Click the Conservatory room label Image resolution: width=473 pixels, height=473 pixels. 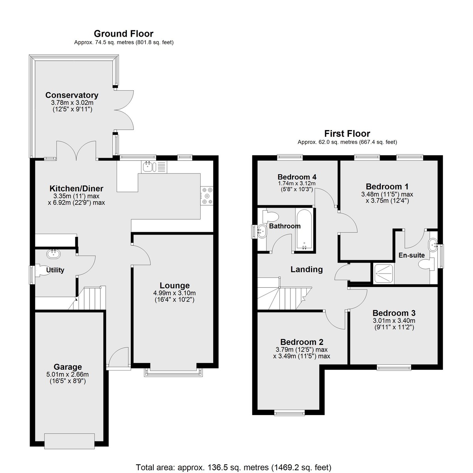click(x=72, y=95)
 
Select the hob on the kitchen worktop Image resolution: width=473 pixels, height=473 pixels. click(x=207, y=196)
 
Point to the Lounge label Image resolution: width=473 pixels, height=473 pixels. click(x=175, y=285)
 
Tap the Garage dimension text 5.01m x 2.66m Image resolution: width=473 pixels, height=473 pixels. click(x=67, y=374)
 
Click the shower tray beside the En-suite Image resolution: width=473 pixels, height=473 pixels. click(x=384, y=274)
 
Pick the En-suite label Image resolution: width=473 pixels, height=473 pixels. click(x=412, y=255)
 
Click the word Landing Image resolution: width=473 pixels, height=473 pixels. click(x=307, y=270)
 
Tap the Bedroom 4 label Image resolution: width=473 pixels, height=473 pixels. click(x=297, y=177)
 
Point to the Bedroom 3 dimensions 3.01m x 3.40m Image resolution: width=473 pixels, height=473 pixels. click(x=394, y=320)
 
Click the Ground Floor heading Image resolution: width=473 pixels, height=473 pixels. click(x=124, y=34)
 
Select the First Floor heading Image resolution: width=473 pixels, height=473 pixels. click(x=347, y=134)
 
